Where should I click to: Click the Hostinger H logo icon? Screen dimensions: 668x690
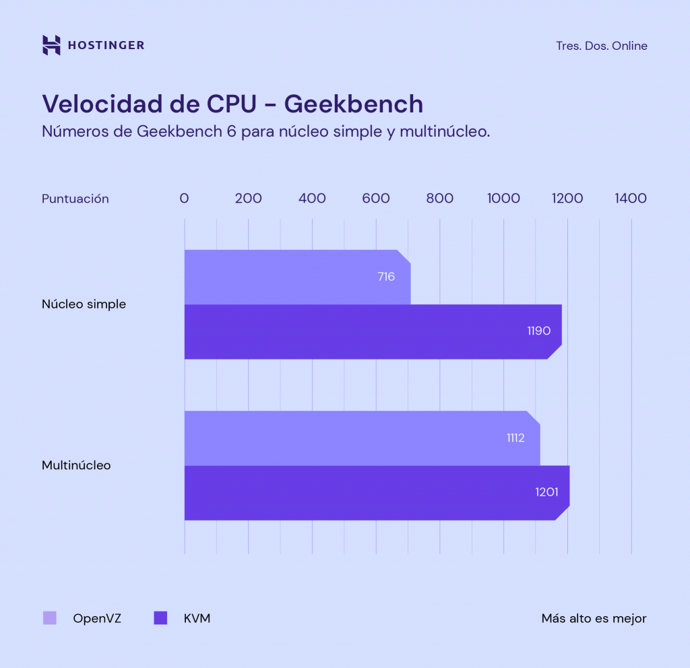pos(51,45)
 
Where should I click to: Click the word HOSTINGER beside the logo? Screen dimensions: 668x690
pos(106,46)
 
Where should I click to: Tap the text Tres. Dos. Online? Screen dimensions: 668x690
pos(602,46)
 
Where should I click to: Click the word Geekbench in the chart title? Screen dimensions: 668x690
pos(353,104)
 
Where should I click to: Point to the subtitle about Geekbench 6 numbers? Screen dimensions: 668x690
pos(265,131)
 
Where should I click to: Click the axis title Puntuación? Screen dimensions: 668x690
pos(75,199)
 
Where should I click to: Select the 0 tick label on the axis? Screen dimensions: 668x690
pos(184,199)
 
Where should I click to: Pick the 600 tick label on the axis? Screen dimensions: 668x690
pos(375,199)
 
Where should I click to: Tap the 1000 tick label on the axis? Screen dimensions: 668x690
pos(503,199)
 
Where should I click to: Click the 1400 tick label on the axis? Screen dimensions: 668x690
pos(630,199)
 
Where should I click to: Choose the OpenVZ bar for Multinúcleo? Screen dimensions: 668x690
pos(350,438)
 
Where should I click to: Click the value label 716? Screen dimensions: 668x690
pos(386,277)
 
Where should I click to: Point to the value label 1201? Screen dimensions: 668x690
pos(546,492)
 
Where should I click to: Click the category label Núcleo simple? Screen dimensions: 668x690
pos(84,304)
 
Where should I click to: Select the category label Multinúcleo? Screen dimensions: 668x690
pos(76,465)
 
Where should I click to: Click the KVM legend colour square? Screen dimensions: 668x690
pos(160,618)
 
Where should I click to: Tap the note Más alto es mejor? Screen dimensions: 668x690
pos(594,618)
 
